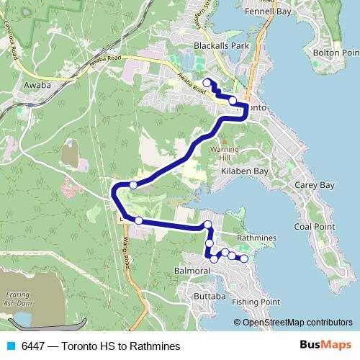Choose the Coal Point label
click(x=314, y=226)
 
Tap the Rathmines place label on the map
click(x=256, y=238)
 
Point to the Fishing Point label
click(x=261, y=302)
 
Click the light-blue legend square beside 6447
click(x=11, y=346)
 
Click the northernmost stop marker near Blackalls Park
click(x=207, y=82)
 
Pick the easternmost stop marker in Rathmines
click(x=243, y=258)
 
